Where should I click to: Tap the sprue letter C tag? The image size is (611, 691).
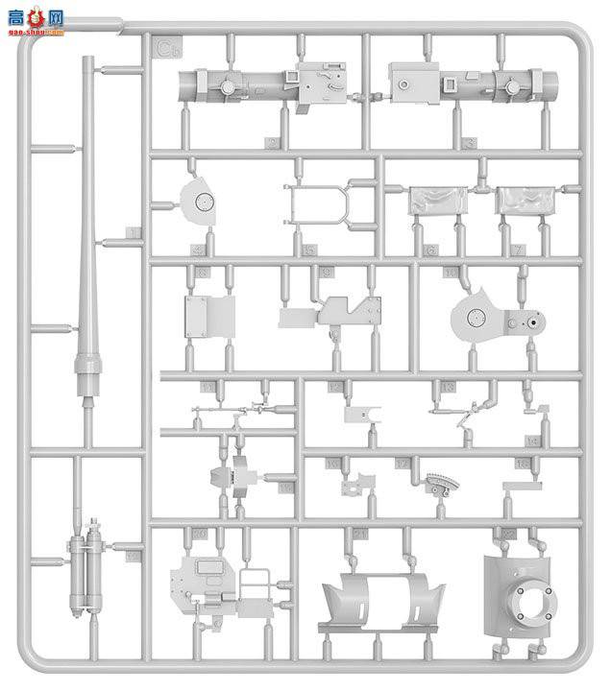click(168, 46)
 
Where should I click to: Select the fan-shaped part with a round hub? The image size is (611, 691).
click(201, 203)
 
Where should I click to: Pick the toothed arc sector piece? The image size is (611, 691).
click(442, 486)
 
